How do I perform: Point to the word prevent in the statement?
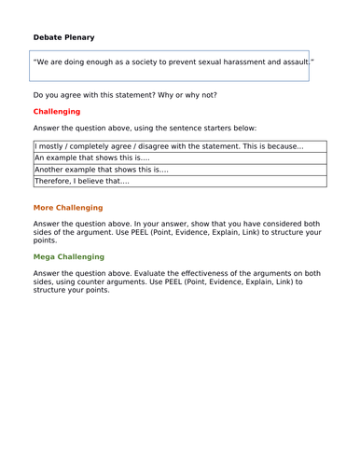point(185,62)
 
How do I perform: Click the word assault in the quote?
point(292,62)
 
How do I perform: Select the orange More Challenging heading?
point(68,208)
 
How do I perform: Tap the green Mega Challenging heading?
point(69,256)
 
